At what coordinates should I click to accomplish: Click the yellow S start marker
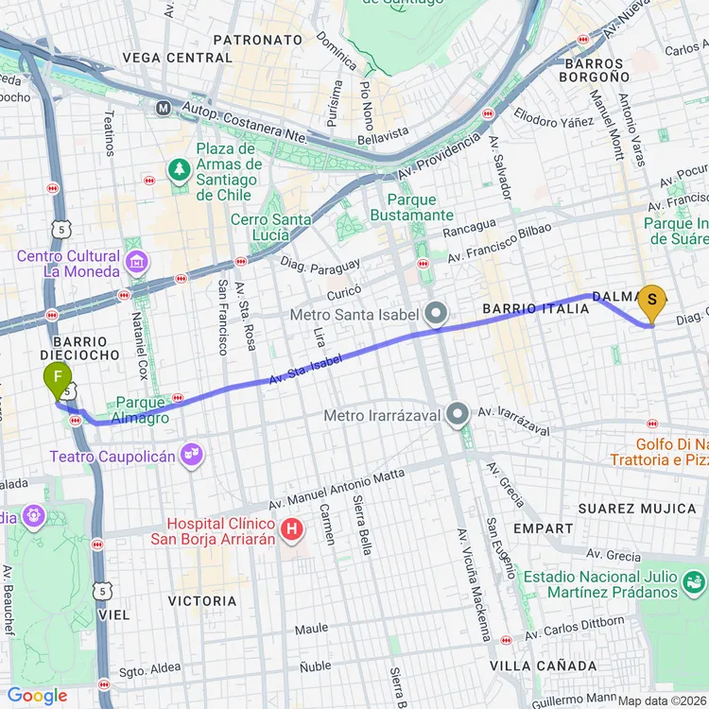(651, 303)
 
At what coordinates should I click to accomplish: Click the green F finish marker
(59, 381)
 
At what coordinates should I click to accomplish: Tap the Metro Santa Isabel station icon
(436, 313)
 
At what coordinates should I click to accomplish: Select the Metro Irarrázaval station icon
(458, 414)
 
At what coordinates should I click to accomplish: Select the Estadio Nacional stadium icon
(695, 579)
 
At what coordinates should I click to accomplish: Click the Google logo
(38, 697)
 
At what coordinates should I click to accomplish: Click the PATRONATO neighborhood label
(258, 41)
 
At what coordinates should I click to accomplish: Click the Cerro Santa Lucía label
(275, 228)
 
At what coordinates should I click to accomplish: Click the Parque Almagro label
(142, 410)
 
